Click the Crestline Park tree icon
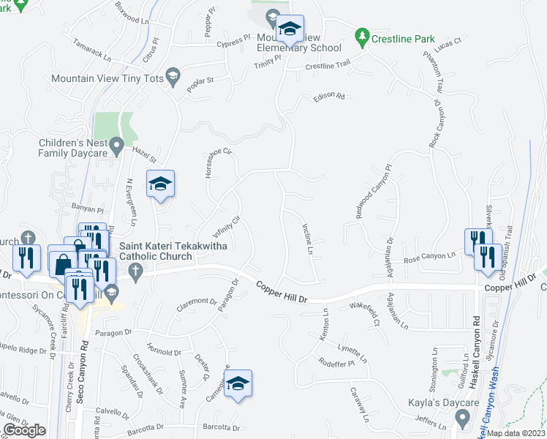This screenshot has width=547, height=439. (361, 35)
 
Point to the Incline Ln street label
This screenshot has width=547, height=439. (308, 240)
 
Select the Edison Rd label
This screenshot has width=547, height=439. (328, 97)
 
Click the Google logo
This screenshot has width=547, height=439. (25, 429)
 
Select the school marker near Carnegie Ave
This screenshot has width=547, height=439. (238, 384)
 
